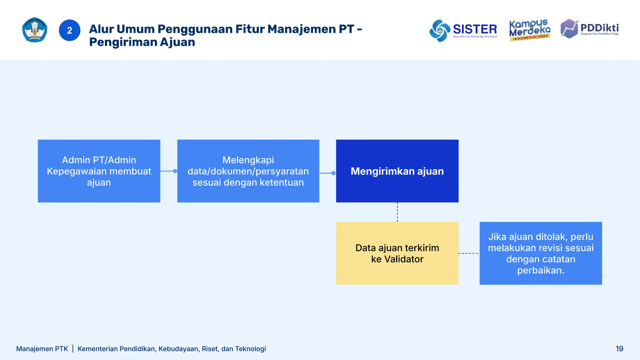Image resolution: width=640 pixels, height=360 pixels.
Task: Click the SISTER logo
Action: tap(463, 30)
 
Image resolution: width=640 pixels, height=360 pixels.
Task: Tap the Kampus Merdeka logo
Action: tap(530, 30)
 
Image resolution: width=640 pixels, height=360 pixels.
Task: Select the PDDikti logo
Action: tap(589, 29)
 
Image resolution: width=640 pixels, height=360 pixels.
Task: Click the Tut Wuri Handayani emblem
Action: tap(35, 30)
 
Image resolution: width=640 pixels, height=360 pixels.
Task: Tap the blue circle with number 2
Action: tap(69, 30)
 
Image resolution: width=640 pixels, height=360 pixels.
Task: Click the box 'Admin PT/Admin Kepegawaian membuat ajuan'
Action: tap(99, 171)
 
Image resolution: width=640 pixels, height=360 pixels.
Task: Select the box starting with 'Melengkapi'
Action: tap(248, 171)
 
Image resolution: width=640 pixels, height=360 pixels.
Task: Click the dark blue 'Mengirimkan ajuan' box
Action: tap(397, 171)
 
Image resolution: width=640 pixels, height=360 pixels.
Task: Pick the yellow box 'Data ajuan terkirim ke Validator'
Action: tap(397, 253)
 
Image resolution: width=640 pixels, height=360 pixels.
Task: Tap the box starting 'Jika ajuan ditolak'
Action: tap(541, 253)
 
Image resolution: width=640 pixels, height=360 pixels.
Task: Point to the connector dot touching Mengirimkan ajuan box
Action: tap(333, 173)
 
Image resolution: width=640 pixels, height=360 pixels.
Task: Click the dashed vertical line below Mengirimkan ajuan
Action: tap(397, 212)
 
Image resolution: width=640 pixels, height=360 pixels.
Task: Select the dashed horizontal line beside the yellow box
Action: tap(469, 253)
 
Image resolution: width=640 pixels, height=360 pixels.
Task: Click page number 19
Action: tap(619, 349)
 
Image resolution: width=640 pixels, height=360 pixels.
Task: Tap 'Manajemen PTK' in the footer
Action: tap(42, 349)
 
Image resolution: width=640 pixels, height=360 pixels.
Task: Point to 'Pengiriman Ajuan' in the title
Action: tap(142, 42)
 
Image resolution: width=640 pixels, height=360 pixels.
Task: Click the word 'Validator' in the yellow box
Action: tap(403, 259)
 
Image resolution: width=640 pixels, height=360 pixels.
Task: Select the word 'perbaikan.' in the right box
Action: tap(541, 270)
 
